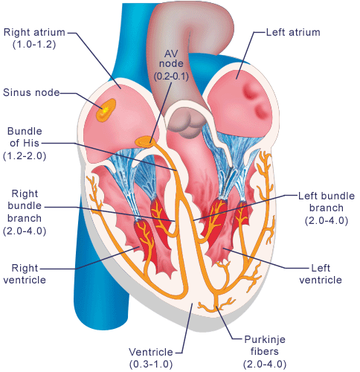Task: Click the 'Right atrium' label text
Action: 34,32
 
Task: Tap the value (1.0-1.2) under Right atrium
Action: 34,45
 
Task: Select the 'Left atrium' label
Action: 293,32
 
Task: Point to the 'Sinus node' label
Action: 31,92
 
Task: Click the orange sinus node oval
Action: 106,110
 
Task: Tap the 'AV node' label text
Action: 171,58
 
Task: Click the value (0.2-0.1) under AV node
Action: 171,76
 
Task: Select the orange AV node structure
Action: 146,141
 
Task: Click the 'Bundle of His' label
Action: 25,137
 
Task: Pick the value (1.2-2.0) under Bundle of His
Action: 25,156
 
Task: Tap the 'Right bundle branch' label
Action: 25,206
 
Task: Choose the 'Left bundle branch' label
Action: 327,202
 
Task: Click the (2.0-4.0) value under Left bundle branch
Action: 327,221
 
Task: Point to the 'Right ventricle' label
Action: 25,274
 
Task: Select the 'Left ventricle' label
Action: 321,274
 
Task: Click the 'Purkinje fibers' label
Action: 265,345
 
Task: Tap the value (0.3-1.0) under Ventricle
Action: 151,365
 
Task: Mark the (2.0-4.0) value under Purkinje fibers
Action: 265,365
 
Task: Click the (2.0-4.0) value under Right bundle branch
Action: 25,231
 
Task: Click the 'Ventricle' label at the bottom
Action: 151,352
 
